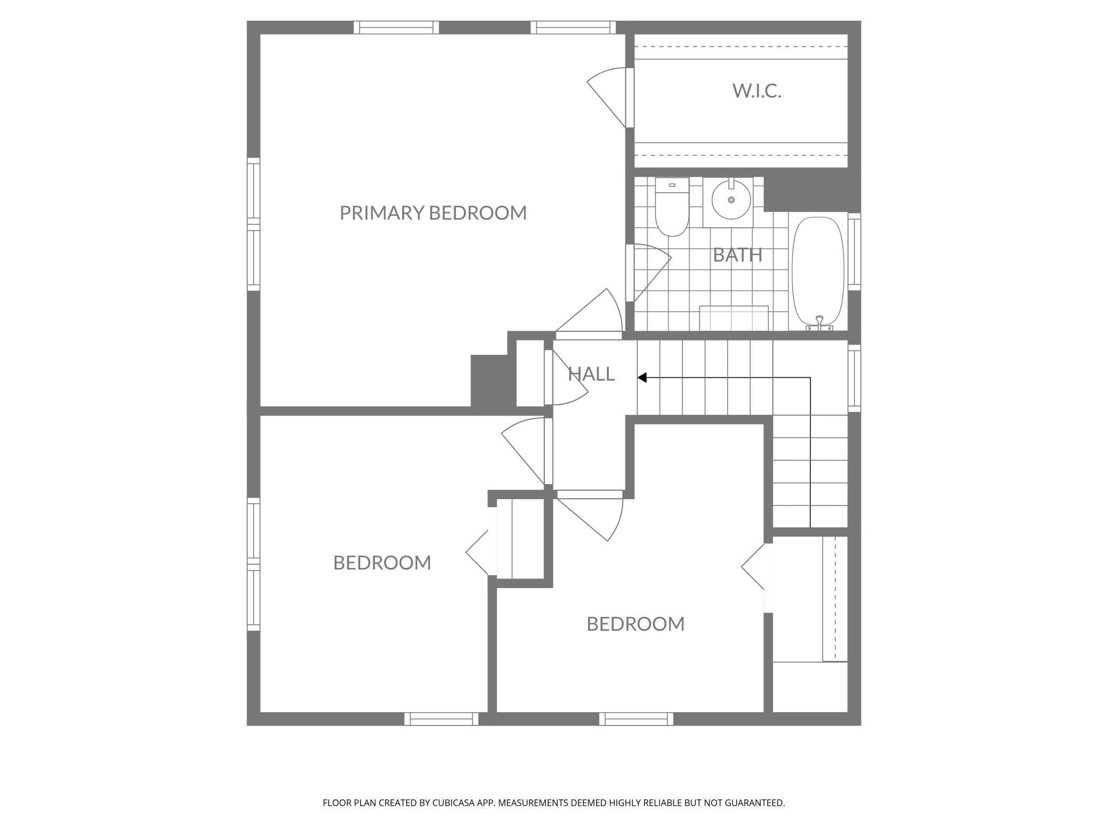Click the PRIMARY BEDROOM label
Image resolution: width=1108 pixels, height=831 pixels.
(433, 213)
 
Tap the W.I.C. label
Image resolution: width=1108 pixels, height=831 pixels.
(756, 91)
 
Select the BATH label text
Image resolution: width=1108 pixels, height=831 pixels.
(737, 255)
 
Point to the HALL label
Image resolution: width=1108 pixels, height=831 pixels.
(591, 374)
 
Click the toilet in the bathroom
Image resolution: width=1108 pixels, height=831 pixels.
(672, 208)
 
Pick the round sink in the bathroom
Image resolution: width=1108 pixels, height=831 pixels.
(731, 200)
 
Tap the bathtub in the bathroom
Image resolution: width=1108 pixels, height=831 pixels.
(818, 272)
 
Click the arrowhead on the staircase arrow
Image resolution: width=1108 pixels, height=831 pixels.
(642, 378)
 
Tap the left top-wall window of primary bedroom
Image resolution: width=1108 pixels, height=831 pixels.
(396, 27)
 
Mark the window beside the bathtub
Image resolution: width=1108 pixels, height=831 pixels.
(854, 251)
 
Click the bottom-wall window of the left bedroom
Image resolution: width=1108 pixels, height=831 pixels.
(442, 719)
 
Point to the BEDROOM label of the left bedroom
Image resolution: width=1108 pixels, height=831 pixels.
(382, 563)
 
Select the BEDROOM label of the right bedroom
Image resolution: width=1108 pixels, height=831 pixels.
(636, 624)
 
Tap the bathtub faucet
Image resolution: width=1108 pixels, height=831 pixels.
(819, 321)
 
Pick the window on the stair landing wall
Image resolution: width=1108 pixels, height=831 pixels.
(854, 378)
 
